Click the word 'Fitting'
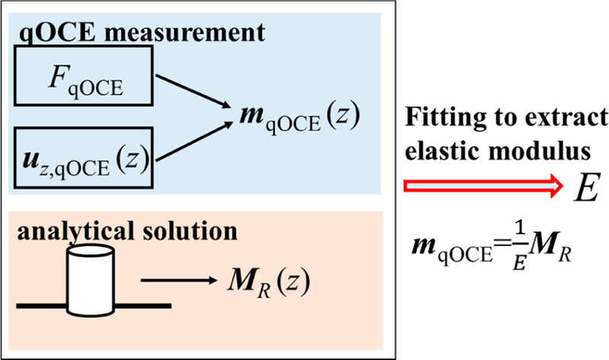[x=441, y=119]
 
